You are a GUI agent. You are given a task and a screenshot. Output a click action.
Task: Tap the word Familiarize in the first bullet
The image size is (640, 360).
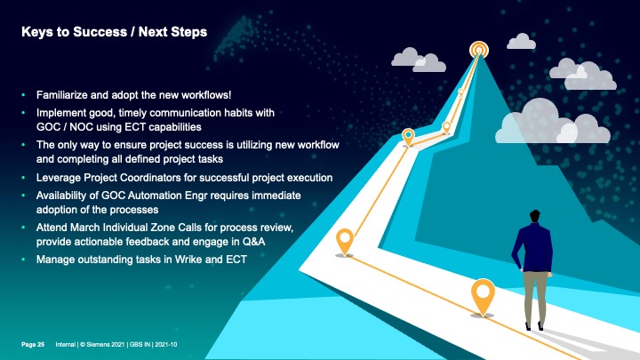62,95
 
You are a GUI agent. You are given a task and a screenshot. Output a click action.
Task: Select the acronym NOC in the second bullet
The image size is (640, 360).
81,127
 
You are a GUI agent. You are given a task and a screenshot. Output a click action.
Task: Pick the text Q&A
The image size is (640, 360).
253,242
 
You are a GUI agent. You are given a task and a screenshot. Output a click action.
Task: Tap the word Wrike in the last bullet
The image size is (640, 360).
188,260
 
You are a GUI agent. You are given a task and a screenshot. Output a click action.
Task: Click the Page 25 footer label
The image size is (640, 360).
33,345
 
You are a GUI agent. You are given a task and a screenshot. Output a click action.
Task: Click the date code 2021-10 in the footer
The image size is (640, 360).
165,345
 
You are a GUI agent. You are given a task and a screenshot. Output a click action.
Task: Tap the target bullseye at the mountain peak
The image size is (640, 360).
479,50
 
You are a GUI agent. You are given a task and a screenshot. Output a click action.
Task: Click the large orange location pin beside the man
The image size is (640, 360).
483,296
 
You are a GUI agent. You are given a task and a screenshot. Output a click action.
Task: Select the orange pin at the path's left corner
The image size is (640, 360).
345,241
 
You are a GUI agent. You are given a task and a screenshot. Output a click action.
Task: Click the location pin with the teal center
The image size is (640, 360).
408,136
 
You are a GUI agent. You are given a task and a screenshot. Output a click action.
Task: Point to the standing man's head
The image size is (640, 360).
534,217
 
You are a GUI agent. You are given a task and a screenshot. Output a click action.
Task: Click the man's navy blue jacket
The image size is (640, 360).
532,247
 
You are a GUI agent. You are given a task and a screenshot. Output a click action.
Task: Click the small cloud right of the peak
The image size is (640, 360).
521,42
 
